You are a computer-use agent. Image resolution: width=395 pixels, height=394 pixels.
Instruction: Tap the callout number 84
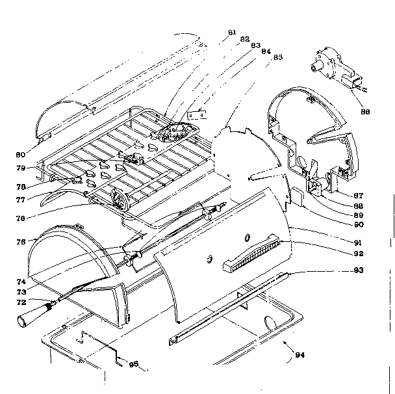tap(266, 51)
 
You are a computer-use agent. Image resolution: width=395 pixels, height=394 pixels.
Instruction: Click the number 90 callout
tap(357, 224)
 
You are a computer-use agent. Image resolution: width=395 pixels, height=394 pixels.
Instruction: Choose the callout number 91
tap(357, 243)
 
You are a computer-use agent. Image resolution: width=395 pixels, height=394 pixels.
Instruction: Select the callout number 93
tap(357, 269)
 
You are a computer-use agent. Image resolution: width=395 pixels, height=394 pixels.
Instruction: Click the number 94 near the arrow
tap(299, 354)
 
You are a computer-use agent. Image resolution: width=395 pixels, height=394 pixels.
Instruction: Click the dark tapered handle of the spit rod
tap(28, 319)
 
